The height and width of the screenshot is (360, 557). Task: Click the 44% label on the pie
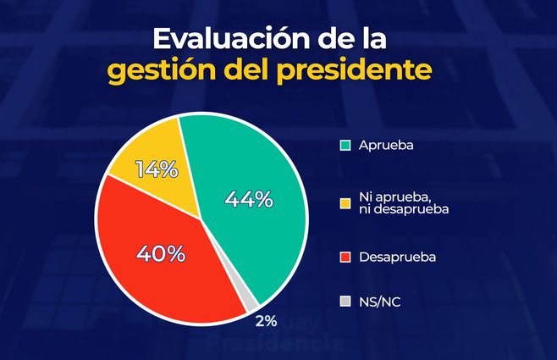pyautogui.click(x=249, y=200)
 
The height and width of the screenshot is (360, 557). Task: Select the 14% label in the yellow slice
pyautogui.click(x=157, y=169)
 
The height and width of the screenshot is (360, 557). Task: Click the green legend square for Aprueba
pyautogui.click(x=344, y=145)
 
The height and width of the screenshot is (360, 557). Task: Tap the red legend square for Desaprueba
pyautogui.click(x=344, y=255)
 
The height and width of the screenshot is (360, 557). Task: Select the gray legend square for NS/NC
pyautogui.click(x=344, y=301)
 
